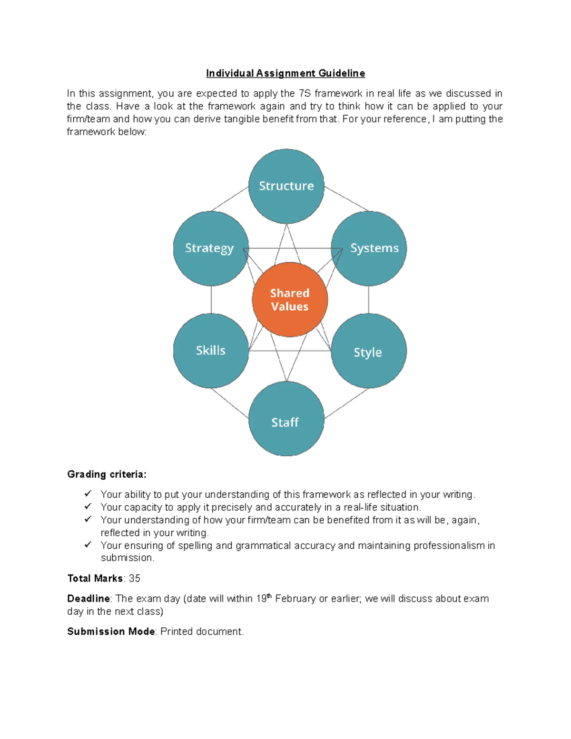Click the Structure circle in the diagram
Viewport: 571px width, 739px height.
point(286,186)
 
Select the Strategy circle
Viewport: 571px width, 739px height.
point(210,248)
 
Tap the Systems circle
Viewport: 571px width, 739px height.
point(369,248)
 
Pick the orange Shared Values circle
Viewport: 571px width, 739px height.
point(290,300)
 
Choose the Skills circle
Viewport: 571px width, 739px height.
point(211,351)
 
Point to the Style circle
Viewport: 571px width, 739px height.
point(369,351)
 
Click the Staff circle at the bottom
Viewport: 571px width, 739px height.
point(286,419)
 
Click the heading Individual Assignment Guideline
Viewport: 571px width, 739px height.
point(285,73)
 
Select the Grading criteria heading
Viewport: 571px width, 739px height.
point(107,474)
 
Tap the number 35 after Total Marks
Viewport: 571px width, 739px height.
point(135,579)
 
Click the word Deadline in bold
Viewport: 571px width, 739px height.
point(89,599)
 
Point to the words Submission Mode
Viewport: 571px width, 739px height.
point(111,631)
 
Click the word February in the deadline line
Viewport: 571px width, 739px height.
point(295,599)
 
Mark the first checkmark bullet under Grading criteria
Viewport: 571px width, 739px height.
point(88,494)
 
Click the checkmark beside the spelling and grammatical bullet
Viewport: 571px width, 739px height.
point(88,545)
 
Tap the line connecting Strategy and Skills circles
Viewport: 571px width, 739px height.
point(211,300)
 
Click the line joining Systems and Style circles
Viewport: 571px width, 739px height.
point(369,300)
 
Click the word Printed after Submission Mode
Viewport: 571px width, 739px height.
point(176,631)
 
